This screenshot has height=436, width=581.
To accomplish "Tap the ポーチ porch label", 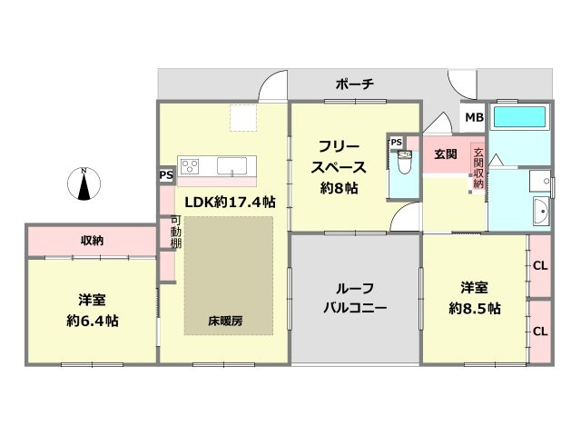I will [x=355, y=84].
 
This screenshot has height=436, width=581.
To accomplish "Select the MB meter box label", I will [x=473, y=117].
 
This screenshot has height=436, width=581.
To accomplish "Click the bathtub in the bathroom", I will [x=519, y=117].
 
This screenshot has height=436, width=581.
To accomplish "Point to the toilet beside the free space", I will [x=404, y=163].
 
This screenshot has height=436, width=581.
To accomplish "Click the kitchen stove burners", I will [x=191, y=165].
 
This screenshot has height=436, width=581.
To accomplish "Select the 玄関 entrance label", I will [x=445, y=154].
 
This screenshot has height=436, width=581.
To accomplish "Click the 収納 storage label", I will [x=92, y=241].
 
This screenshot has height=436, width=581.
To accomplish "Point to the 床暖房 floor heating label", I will [x=226, y=321].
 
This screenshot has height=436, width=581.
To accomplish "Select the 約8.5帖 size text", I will [x=474, y=309].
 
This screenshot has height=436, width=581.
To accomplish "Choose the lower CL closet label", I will [x=539, y=332].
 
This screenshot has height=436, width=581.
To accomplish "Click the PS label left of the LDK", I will [x=166, y=175].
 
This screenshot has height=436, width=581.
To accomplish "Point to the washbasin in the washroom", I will [x=541, y=213].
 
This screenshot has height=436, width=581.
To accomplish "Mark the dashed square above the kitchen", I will [x=243, y=119].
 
